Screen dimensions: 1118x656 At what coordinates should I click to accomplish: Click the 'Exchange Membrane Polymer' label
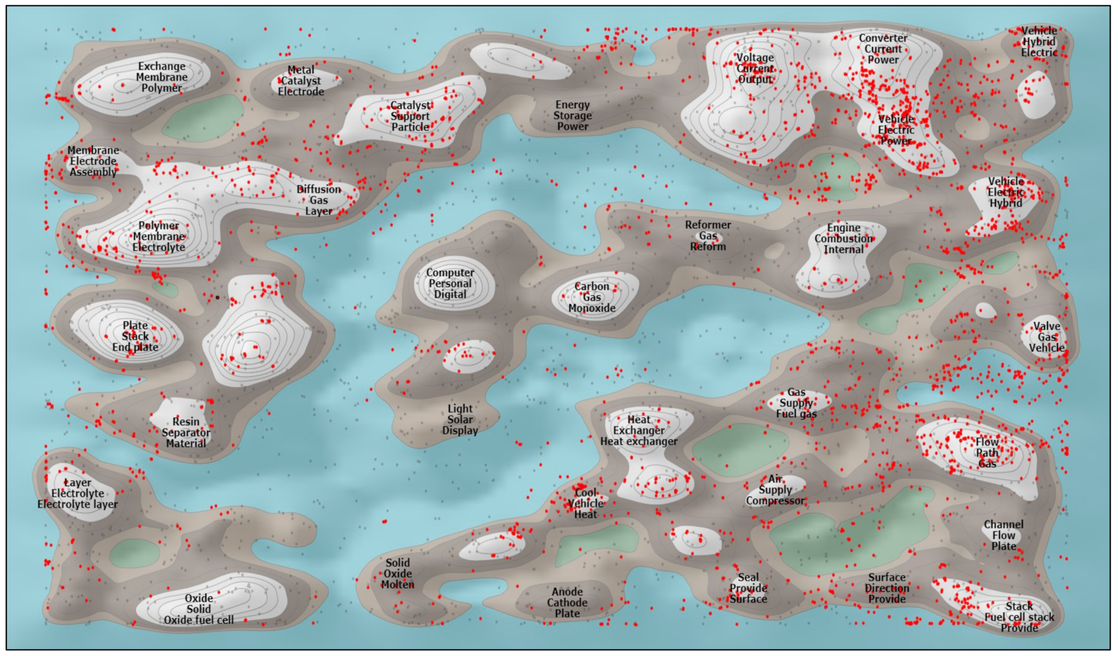[x=162, y=77]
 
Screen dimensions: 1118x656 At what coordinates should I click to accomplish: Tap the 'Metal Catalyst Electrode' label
[x=301, y=81]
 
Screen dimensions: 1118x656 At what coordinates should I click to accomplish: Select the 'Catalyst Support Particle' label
[x=410, y=116]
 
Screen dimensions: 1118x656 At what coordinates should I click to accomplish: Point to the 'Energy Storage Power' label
[x=572, y=115]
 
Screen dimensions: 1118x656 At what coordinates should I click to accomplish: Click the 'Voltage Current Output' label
[x=755, y=68]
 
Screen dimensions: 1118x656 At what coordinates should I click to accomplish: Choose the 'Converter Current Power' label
[x=883, y=49]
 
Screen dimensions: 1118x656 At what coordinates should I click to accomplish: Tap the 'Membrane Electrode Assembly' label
[x=93, y=161]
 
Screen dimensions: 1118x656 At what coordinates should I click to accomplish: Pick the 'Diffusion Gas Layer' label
[x=319, y=200]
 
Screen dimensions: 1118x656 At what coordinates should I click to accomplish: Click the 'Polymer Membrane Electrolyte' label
[x=159, y=237]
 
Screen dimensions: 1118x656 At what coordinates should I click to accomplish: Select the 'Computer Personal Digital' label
[x=450, y=284]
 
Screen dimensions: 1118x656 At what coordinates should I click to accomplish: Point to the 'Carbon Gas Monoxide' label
[x=592, y=297]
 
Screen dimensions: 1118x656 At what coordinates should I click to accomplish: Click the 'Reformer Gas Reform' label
[x=708, y=236]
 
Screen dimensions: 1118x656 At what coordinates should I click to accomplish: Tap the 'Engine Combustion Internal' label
[x=843, y=239]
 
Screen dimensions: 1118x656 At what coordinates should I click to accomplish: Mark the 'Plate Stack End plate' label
[x=135, y=336]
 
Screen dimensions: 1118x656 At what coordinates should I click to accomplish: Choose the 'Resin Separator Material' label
[x=186, y=432]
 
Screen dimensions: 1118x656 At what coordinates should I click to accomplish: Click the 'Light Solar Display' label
[x=460, y=419]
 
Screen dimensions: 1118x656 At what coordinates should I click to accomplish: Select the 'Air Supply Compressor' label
[x=775, y=490]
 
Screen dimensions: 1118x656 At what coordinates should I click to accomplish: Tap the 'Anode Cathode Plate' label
[x=567, y=603]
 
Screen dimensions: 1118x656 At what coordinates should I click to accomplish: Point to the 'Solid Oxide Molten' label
[x=398, y=574]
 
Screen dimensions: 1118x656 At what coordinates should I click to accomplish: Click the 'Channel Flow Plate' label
[x=1004, y=535]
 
